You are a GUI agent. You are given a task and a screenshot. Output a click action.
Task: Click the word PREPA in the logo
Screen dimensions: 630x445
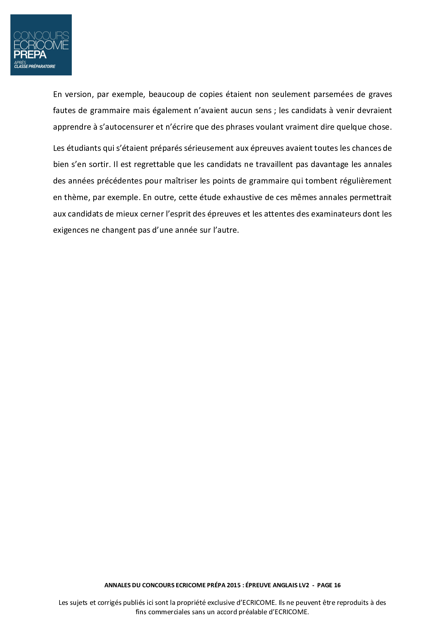point(30,55)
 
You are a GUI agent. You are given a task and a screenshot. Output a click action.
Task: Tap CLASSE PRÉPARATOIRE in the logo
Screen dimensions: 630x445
point(35,66)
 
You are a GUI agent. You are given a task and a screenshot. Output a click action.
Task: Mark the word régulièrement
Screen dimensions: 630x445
point(367,181)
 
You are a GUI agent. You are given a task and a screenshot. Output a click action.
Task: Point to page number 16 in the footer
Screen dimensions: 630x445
point(337,585)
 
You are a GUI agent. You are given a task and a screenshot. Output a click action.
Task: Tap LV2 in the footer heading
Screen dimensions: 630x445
point(304,585)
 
